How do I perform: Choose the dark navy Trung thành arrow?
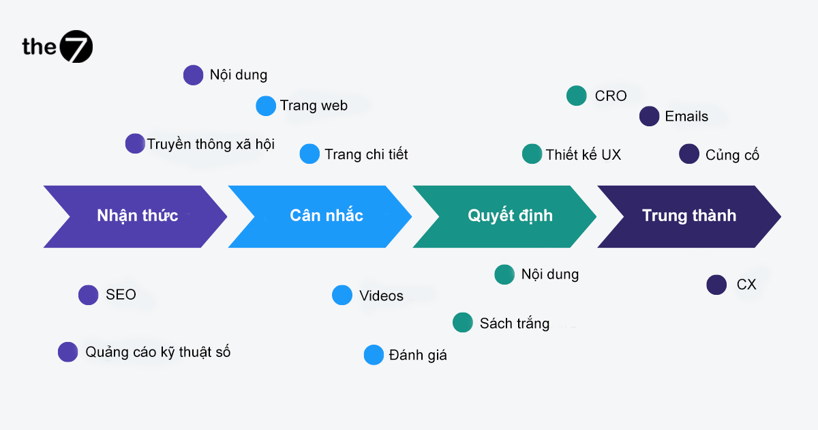pos(688,216)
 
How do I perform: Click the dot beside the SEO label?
pos(89,295)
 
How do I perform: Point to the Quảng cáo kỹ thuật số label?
pos(157,352)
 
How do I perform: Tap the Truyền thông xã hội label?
pos(211,144)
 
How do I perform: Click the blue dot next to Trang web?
pos(266,106)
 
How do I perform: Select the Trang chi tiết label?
pos(366,154)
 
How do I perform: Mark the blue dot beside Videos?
pos(342,295)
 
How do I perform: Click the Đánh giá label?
pos(418,355)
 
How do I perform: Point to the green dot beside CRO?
pos(577,96)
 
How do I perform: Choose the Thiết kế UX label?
pos(583,154)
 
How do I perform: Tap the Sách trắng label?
pos(514,323)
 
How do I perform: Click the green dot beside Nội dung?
pos(504,274)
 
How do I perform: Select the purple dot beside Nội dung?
pos(194,75)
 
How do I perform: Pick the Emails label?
pos(686,117)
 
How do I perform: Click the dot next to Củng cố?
pos(689,154)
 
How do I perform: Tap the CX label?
pos(746,285)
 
